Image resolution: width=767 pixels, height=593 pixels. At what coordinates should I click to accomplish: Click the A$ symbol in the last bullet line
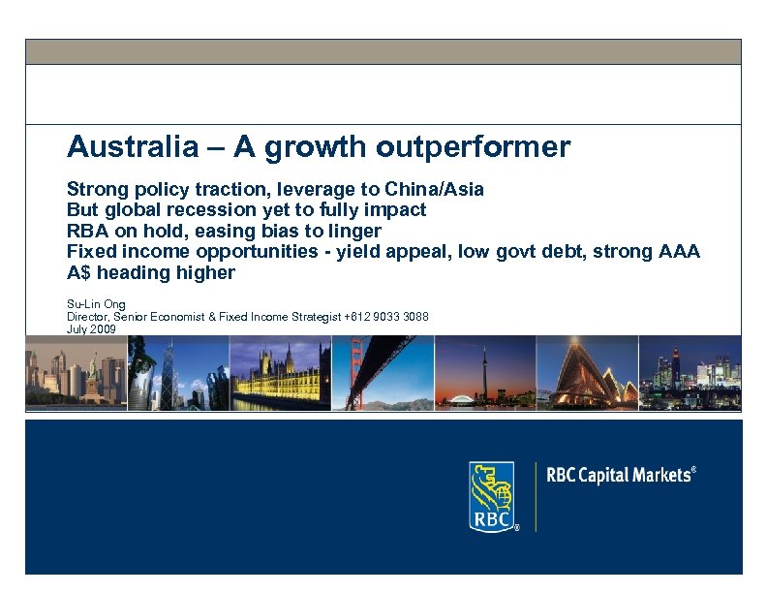point(79,273)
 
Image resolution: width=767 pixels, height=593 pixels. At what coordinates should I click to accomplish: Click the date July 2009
point(91,329)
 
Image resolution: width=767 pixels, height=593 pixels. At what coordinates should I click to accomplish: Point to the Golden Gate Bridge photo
point(383,373)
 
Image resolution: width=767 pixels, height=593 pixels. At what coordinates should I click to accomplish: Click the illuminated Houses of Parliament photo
point(280,373)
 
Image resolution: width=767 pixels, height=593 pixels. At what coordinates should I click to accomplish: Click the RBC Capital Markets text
point(621,475)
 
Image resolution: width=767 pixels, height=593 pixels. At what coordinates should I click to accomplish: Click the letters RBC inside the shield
point(490,520)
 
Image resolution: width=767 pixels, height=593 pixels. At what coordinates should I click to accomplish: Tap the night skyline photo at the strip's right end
point(690,373)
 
